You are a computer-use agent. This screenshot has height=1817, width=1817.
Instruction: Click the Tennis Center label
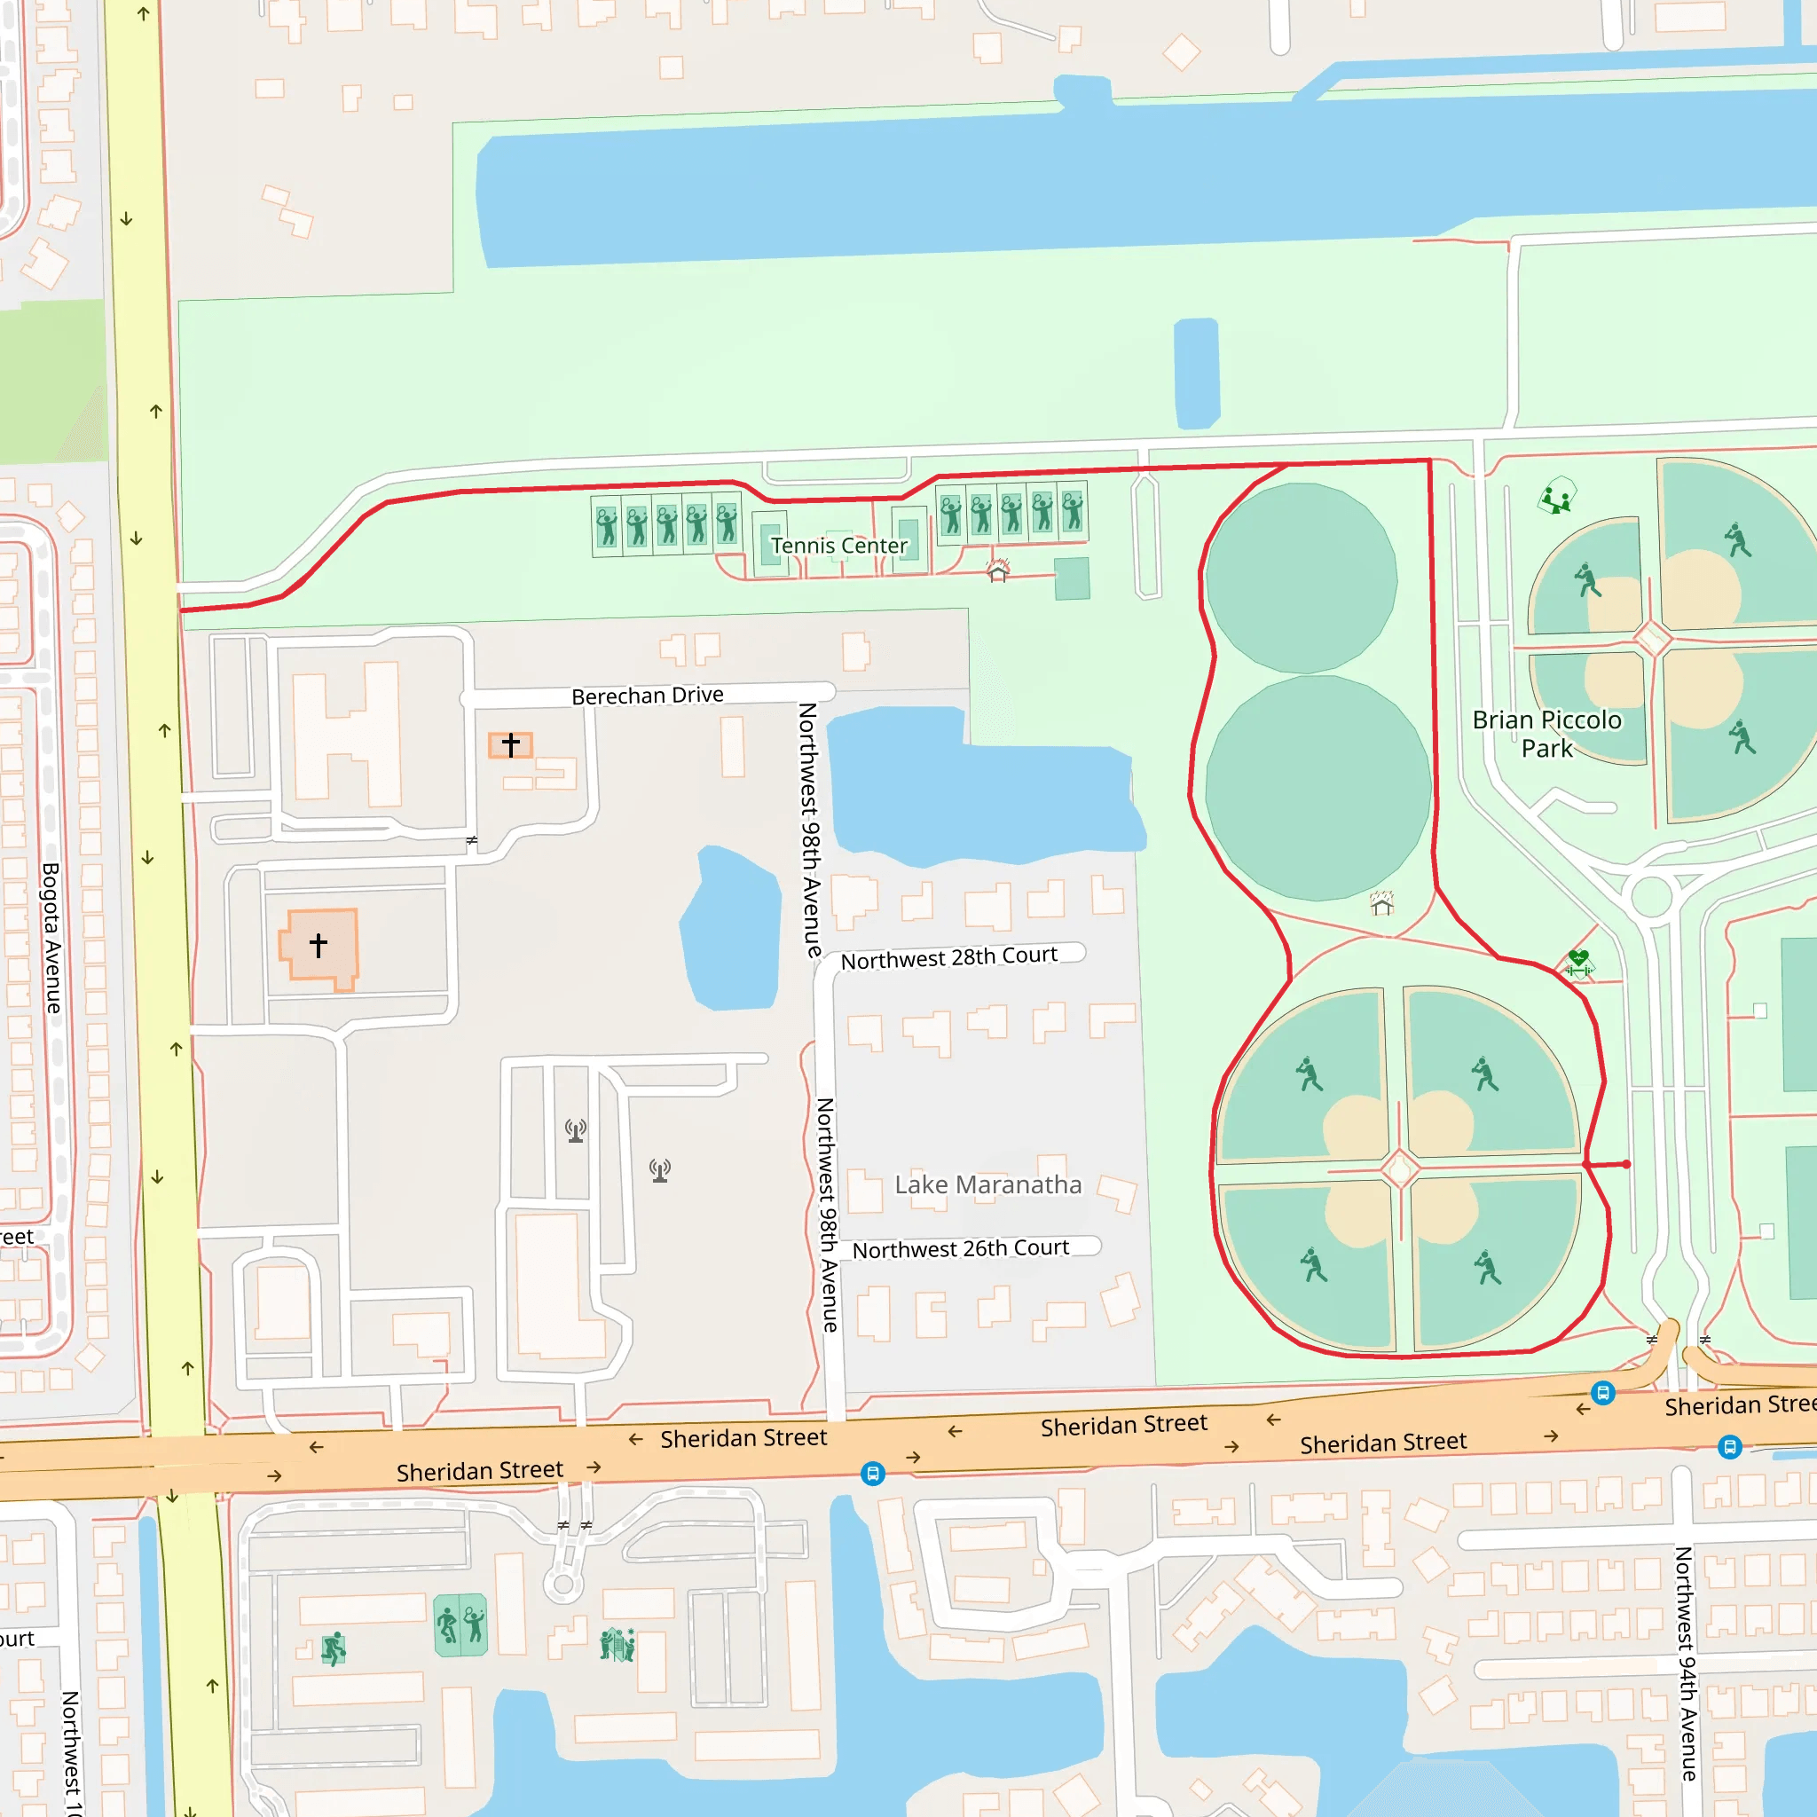tap(839, 546)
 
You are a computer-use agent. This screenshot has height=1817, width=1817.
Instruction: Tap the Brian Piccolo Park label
tap(1546, 734)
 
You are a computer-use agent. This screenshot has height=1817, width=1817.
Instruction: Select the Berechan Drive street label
tap(647, 695)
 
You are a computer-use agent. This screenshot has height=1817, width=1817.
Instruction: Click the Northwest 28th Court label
tap(948, 957)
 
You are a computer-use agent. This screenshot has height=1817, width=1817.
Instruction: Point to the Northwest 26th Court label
tap(959, 1248)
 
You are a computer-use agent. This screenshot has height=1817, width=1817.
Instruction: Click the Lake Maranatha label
tap(987, 1184)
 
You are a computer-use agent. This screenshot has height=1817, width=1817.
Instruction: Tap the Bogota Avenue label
tap(51, 938)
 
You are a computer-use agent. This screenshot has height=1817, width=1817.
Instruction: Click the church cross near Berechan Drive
tap(511, 745)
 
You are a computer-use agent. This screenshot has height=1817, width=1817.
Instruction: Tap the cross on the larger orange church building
tap(319, 944)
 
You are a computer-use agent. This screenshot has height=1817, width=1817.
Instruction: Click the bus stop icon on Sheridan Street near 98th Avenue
tap(872, 1473)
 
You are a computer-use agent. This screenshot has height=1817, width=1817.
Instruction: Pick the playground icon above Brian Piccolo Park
tap(1556, 496)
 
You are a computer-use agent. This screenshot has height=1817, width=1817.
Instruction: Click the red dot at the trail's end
tap(1626, 1163)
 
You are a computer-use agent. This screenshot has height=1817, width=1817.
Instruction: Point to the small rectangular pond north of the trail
tap(1196, 374)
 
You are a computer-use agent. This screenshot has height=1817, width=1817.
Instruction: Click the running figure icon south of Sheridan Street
tap(333, 1648)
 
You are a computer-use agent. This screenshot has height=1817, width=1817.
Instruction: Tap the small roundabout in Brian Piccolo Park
tap(1651, 895)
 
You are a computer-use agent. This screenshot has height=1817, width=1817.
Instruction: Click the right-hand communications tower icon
tap(660, 1170)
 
